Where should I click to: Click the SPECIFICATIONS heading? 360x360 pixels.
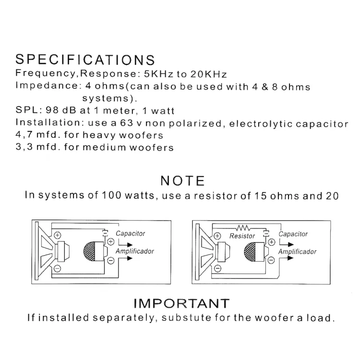pyautogui.click(x=85, y=60)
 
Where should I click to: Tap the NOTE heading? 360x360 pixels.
pyautogui.click(x=182, y=180)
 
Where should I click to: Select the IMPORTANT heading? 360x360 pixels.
pyautogui.click(x=181, y=303)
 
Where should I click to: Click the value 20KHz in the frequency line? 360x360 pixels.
pyautogui.click(x=209, y=74)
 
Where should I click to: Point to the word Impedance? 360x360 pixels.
pyautogui.click(x=47, y=85)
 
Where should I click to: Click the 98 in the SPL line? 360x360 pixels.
pyautogui.click(x=52, y=110)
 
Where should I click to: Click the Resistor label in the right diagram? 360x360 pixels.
pyautogui.click(x=242, y=236)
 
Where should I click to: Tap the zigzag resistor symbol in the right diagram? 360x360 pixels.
pyautogui.click(x=243, y=228)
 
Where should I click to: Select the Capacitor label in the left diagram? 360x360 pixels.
pyautogui.click(x=130, y=233)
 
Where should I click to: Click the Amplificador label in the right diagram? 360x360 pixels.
pyautogui.click(x=297, y=252)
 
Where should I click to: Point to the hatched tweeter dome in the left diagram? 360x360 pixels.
pyautogui.click(x=89, y=252)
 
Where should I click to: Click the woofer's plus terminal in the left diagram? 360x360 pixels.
pyautogui.click(x=58, y=235)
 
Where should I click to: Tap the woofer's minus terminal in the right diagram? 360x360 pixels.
pyautogui.click(x=217, y=268)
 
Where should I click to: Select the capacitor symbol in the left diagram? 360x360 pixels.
pyautogui.click(x=105, y=233)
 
